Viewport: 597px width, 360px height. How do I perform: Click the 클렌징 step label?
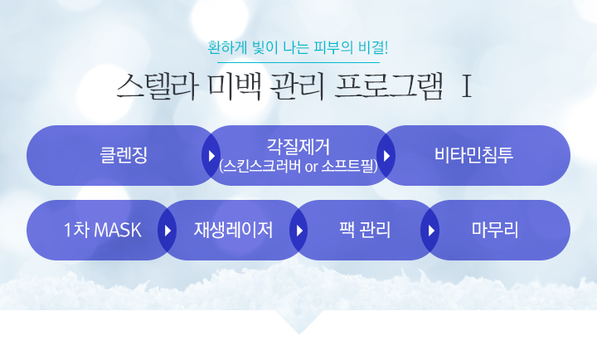(x=124, y=155)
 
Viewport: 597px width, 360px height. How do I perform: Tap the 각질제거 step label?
(x=298, y=147)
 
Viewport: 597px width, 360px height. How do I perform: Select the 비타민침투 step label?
(x=473, y=155)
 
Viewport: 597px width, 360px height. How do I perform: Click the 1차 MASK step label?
(x=103, y=230)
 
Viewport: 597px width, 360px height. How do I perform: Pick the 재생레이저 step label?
(x=233, y=230)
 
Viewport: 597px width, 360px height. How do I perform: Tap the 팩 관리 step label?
(x=365, y=230)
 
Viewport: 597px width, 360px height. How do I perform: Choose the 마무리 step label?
(x=495, y=230)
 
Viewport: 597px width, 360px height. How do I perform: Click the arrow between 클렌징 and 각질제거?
(x=211, y=155)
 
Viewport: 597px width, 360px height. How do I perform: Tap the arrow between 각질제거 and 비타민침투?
(x=387, y=155)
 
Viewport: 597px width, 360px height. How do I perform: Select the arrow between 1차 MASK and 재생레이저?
(x=167, y=231)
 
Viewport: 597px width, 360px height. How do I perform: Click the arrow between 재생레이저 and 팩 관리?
(x=299, y=231)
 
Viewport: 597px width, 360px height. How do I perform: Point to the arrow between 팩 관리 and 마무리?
(x=431, y=231)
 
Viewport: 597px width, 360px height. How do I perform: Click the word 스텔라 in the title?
(x=158, y=86)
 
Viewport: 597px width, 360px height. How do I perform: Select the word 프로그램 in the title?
(x=389, y=86)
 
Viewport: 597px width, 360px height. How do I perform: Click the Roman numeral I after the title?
(x=466, y=86)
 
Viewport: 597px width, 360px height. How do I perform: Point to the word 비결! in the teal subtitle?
(x=373, y=47)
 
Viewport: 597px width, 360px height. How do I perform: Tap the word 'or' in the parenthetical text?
(x=311, y=167)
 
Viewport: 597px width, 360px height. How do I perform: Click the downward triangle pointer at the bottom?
(x=298, y=321)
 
